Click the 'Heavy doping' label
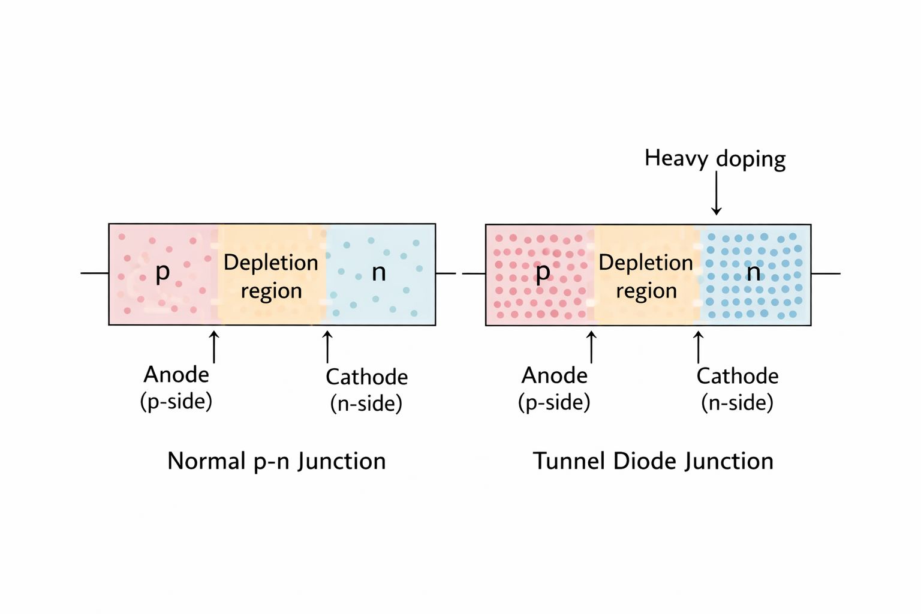715,159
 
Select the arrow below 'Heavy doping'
716,194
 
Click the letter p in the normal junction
162,273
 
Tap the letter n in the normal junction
378,273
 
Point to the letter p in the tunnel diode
542,273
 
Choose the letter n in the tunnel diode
753,273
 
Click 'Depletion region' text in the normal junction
271,276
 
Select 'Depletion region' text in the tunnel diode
646,276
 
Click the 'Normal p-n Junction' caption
276,461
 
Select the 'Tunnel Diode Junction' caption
653,461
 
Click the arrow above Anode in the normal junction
214,347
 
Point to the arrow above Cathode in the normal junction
327,347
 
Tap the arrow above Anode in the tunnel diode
591,347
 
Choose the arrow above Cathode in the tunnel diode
698,347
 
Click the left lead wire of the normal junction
95,273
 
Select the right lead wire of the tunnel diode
826,273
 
